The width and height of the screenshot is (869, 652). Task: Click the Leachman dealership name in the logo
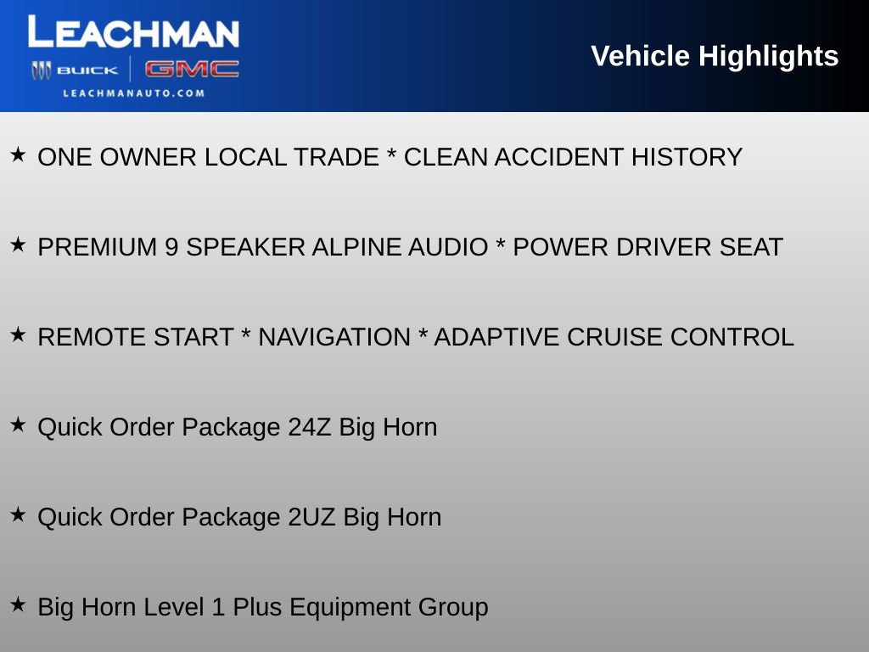pos(133,33)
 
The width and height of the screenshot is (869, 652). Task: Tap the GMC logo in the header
pos(191,70)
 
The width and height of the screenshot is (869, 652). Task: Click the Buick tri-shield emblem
pos(42,70)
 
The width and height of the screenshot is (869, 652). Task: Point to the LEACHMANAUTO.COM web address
pos(133,93)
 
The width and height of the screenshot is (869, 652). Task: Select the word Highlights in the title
pos(768,56)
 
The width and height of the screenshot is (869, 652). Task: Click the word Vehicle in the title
pos(640,56)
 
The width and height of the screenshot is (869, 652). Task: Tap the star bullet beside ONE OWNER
pos(18,155)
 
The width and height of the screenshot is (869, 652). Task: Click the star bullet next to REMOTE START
pos(18,335)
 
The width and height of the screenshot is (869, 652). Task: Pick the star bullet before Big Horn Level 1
pos(18,605)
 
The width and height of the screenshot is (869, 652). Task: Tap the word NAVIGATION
pos(334,337)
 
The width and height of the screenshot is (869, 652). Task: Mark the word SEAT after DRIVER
pos(751,247)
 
